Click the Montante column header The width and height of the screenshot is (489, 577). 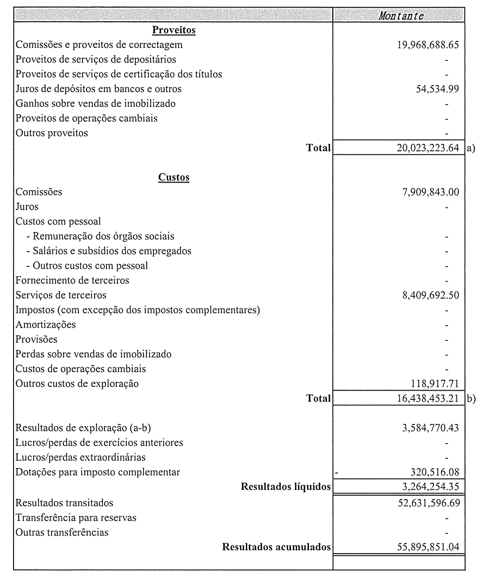[x=401, y=16]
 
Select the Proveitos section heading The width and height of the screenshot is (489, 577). [x=174, y=30]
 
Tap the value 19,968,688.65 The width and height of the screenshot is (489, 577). [x=428, y=45]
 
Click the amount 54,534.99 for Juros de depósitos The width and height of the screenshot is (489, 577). [x=436, y=89]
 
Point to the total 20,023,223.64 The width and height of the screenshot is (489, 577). [x=428, y=148]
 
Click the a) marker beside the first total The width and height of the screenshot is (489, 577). [x=471, y=148]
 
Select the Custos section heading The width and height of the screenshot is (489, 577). [x=174, y=177]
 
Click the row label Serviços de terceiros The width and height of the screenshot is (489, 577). [x=61, y=295]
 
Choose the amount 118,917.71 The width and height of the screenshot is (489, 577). [x=436, y=384]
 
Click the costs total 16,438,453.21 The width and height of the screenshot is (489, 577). [x=428, y=398]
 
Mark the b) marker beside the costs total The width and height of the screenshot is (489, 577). [x=471, y=398]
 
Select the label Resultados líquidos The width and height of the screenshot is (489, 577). [x=286, y=487]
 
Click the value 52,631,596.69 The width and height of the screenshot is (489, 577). [x=428, y=503]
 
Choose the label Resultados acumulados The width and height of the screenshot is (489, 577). [x=276, y=547]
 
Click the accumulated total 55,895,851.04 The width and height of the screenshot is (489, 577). [x=428, y=547]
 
